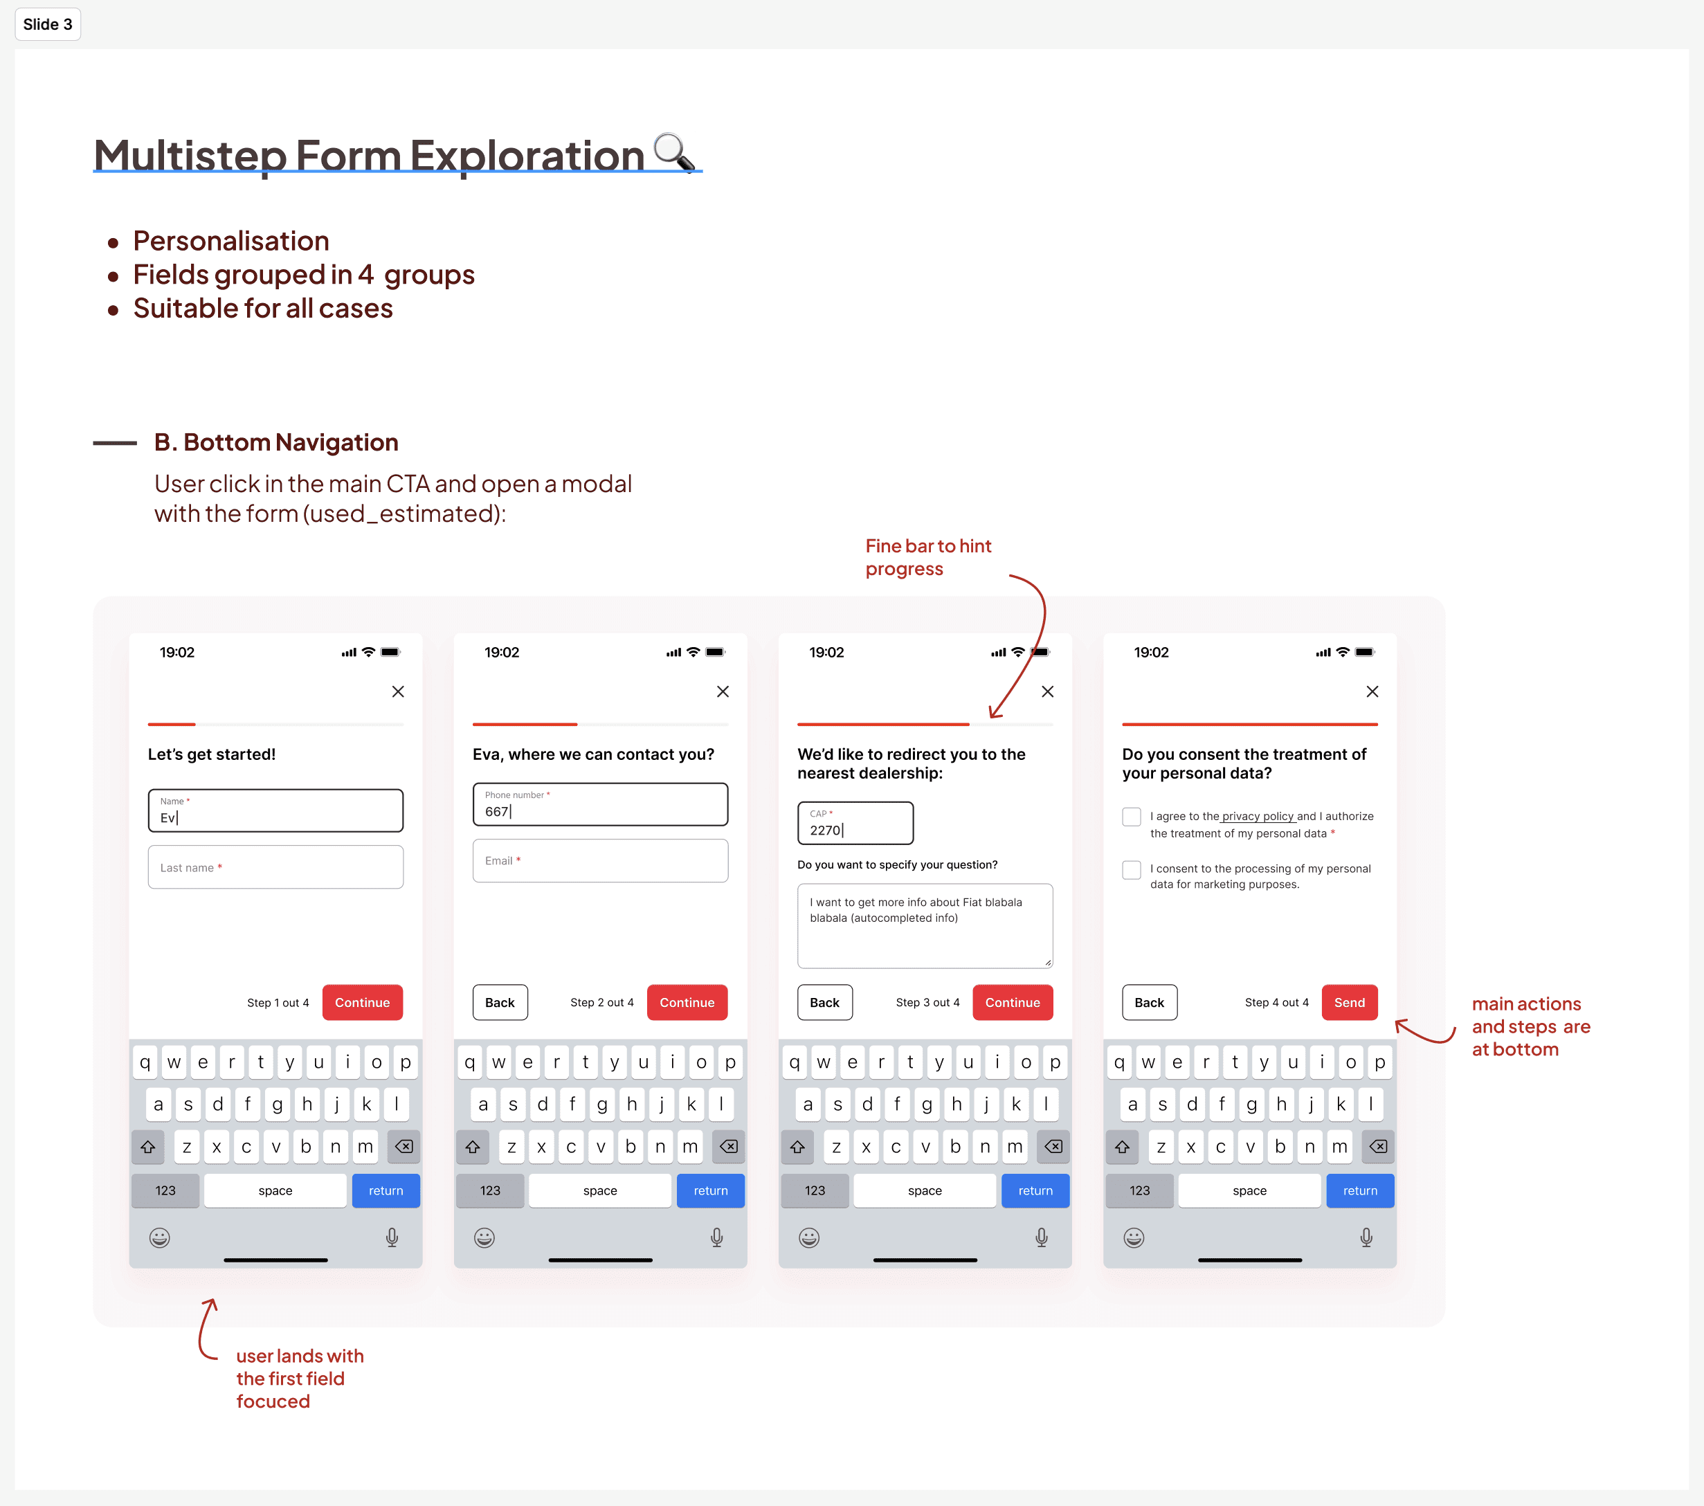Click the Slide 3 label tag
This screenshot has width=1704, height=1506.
[x=48, y=24]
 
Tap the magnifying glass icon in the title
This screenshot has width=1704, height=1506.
[x=673, y=152]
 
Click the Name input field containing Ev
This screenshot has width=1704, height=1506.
[x=275, y=810]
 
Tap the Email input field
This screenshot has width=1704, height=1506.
[x=600, y=860]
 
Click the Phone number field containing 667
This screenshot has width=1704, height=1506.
[x=600, y=804]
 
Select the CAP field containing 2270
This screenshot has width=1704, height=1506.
[x=855, y=823]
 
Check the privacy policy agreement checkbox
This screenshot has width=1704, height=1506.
[x=1132, y=817]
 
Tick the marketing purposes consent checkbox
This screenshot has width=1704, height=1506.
[x=1132, y=869]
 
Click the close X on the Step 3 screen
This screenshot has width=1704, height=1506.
[x=1047, y=691]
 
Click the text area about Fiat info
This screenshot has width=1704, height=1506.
[x=925, y=925]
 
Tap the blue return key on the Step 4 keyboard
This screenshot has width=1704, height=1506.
[x=1360, y=1190]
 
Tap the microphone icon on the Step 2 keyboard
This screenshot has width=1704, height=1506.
[x=716, y=1237]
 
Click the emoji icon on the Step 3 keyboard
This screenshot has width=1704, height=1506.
[x=808, y=1237]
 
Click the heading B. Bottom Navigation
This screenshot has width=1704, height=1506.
[x=276, y=442]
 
